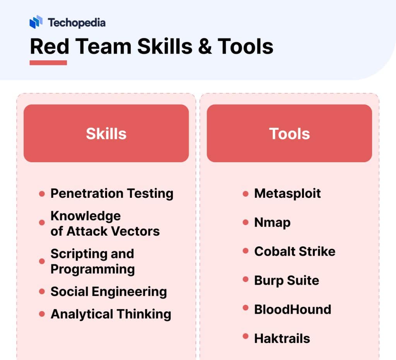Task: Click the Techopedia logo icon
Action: click(x=36, y=22)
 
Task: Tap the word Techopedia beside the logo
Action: click(x=77, y=22)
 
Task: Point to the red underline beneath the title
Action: click(x=48, y=63)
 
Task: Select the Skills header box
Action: click(x=106, y=133)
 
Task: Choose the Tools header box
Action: click(x=289, y=133)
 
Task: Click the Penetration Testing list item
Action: click(x=112, y=193)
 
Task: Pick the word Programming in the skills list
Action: click(x=92, y=269)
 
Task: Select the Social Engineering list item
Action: click(x=109, y=292)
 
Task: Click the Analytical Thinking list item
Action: click(x=111, y=314)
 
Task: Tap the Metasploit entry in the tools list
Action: click(x=287, y=193)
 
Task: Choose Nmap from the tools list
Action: click(x=272, y=222)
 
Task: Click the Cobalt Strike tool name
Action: click(x=295, y=251)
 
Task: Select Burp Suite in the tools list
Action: click(x=287, y=280)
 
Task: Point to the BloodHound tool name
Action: click(x=292, y=309)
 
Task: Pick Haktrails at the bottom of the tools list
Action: click(x=282, y=338)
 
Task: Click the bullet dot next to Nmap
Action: click(x=245, y=222)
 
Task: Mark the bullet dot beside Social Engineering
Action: click(x=42, y=292)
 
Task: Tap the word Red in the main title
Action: click(x=49, y=46)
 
